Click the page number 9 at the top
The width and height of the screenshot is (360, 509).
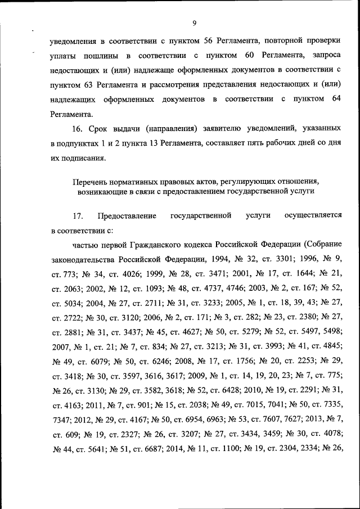194,23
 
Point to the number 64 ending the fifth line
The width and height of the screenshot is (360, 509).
336,99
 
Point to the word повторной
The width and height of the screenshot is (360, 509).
287,40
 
